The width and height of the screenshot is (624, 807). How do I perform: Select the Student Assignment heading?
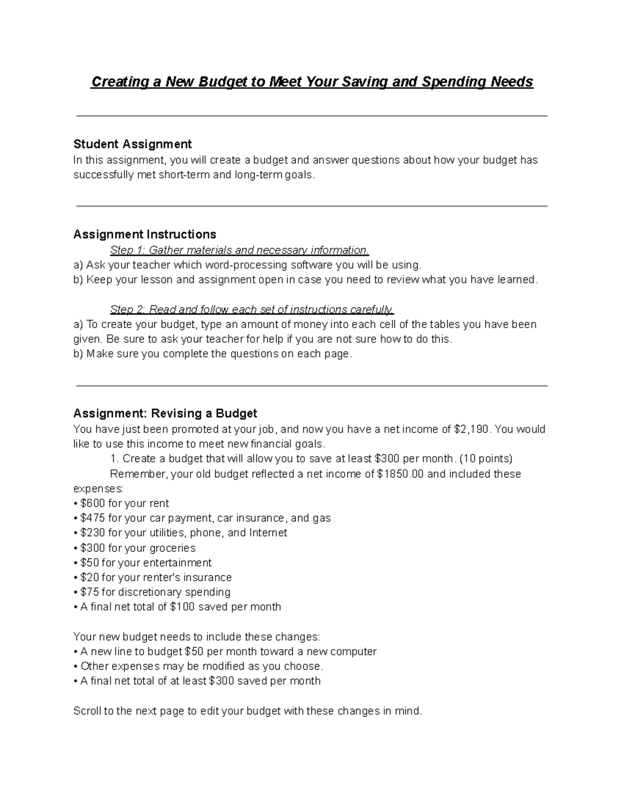[x=133, y=144]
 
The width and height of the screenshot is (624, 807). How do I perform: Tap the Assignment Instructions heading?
[x=145, y=234]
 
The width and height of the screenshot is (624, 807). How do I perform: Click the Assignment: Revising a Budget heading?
[x=165, y=414]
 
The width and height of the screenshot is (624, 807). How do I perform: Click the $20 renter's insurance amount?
[x=90, y=577]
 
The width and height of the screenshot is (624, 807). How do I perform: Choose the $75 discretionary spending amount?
[x=90, y=592]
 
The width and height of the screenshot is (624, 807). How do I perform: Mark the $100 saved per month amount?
[x=183, y=607]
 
